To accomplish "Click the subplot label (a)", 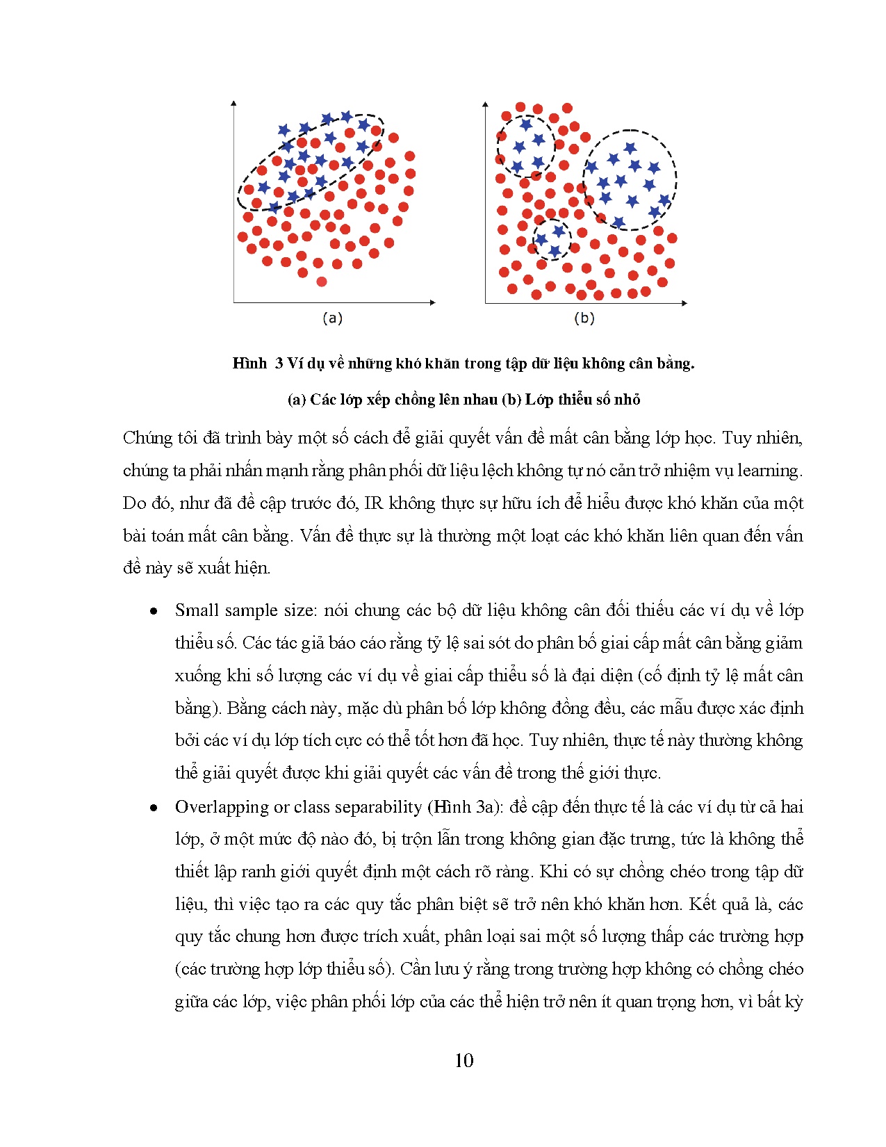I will [332, 318].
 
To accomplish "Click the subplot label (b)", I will [584, 318].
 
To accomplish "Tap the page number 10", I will [463, 1060].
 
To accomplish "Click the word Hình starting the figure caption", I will [249, 363].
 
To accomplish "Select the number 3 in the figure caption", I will [279, 363].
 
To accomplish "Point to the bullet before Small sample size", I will [154, 612].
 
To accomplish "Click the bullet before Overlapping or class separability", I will [154, 808].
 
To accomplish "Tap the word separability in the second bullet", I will [378, 807].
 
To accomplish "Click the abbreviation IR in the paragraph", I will [373, 503].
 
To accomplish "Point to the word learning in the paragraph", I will [769, 471].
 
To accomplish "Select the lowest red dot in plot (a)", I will [321, 282].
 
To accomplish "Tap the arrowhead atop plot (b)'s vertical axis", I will [485, 105].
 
